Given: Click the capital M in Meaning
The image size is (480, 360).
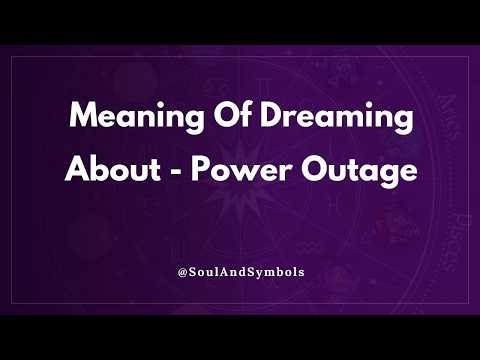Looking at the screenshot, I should (x=82, y=120).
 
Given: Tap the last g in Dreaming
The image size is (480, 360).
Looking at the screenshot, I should (x=403, y=124).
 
